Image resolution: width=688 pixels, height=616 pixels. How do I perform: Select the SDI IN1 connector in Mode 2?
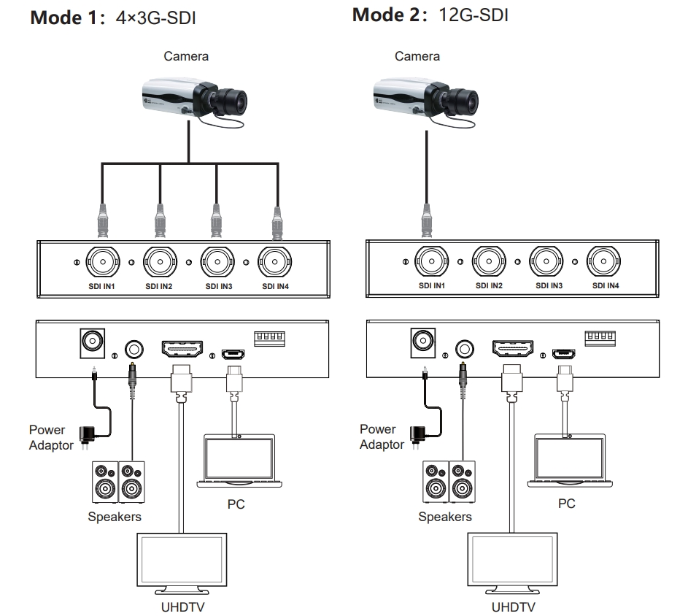430,261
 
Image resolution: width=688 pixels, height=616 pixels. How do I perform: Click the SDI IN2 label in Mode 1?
158,285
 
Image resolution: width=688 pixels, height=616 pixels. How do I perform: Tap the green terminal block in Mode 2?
600,339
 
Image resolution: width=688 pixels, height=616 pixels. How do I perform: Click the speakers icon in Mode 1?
117,482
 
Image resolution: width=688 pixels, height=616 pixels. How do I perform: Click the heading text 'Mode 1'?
67,18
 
